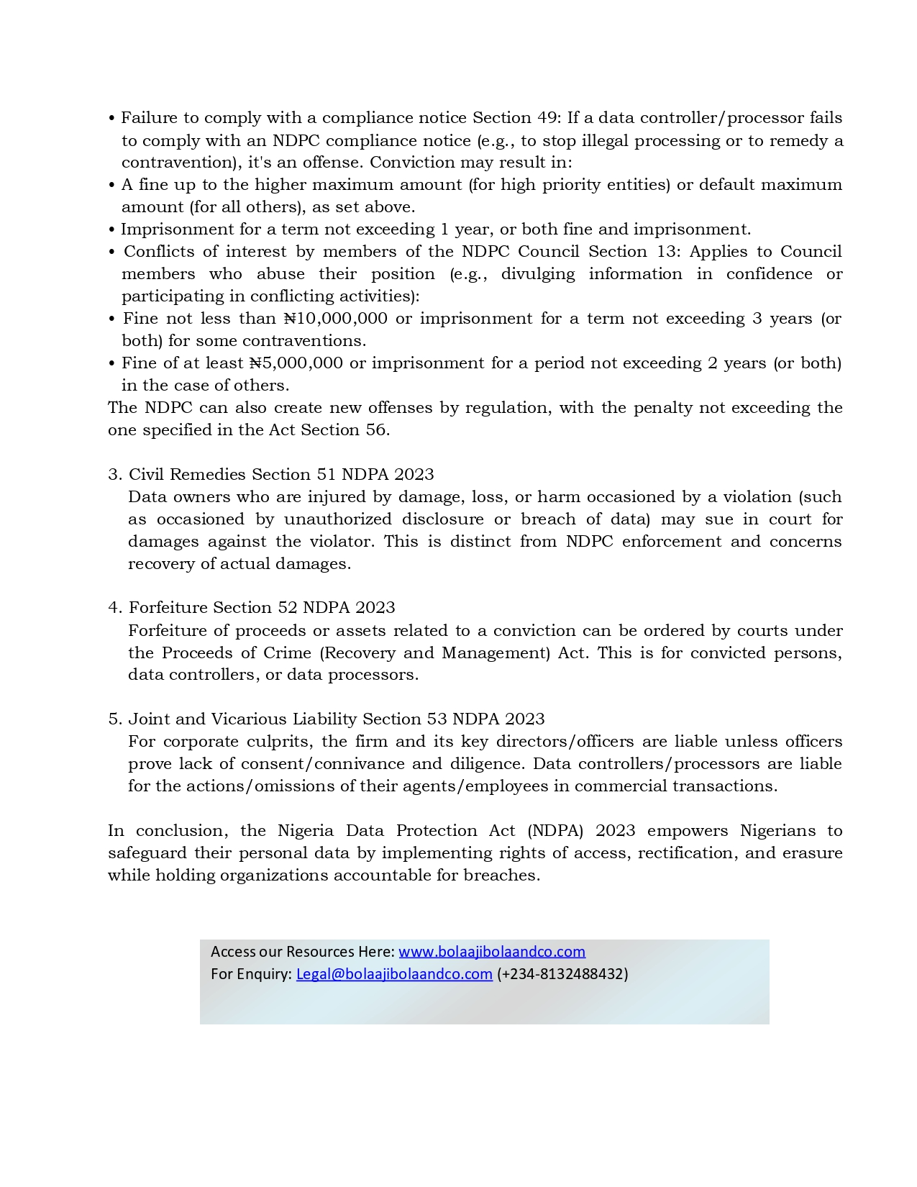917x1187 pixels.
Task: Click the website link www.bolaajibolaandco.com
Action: [x=492, y=951]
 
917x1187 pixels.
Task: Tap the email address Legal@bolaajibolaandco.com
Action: [x=394, y=973]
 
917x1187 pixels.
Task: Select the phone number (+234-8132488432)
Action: [x=562, y=973]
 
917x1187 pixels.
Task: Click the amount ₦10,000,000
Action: [x=336, y=318]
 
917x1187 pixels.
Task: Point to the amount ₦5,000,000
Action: [x=296, y=363]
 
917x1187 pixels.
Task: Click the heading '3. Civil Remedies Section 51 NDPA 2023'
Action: [x=271, y=474]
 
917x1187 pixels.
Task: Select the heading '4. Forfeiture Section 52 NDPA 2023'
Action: [x=252, y=607]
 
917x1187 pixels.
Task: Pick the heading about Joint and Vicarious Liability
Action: [x=327, y=719]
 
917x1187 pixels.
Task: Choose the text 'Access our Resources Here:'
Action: [x=303, y=951]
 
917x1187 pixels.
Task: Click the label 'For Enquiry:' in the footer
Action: [x=251, y=973]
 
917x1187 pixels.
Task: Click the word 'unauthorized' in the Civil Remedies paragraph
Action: [x=337, y=519]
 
